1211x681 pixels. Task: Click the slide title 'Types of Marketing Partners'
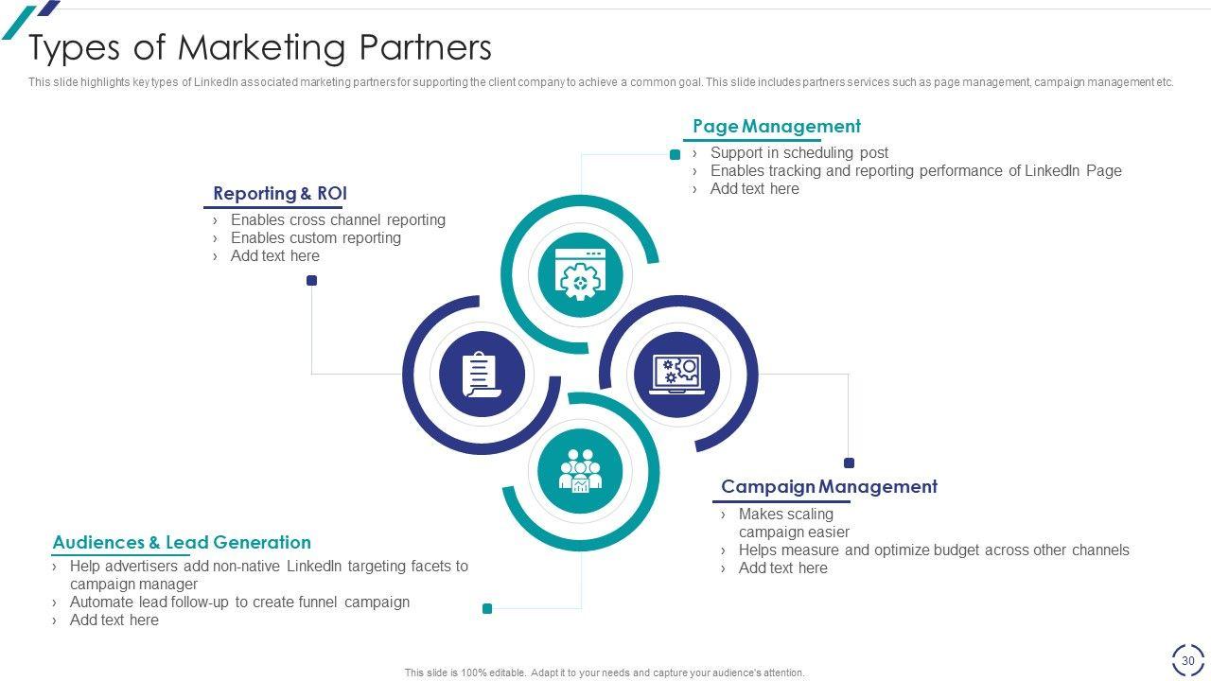pyautogui.click(x=260, y=47)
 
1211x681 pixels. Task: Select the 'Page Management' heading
pyautogui.click(x=776, y=127)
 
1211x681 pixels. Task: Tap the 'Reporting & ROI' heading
pyautogui.click(x=280, y=194)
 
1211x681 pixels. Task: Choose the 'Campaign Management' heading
pyautogui.click(x=829, y=487)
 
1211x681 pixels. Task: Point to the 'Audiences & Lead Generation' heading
pyautogui.click(x=182, y=543)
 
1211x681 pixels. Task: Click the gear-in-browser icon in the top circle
pyautogui.click(x=580, y=274)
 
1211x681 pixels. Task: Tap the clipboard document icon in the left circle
pyautogui.click(x=482, y=374)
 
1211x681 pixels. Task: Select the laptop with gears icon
pyautogui.click(x=677, y=374)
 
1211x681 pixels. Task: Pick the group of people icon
pyautogui.click(x=580, y=470)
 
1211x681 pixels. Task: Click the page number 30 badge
pyautogui.click(x=1188, y=660)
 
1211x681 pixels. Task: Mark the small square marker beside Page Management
pyautogui.click(x=675, y=154)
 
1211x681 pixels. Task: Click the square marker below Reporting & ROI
pyautogui.click(x=311, y=280)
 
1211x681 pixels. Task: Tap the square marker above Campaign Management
pyautogui.click(x=849, y=463)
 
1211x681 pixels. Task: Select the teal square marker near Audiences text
pyautogui.click(x=487, y=608)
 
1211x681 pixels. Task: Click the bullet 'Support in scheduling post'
pyautogui.click(x=799, y=153)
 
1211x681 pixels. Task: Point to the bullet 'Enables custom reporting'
pyautogui.click(x=315, y=238)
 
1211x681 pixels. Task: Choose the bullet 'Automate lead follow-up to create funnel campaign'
pyautogui.click(x=239, y=602)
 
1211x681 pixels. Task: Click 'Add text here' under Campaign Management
pyautogui.click(x=782, y=568)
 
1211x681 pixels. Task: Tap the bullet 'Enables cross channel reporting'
pyautogui.click(x=338, y=220)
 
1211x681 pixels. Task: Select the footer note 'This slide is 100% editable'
pyautogui.click(x=605, y=673)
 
